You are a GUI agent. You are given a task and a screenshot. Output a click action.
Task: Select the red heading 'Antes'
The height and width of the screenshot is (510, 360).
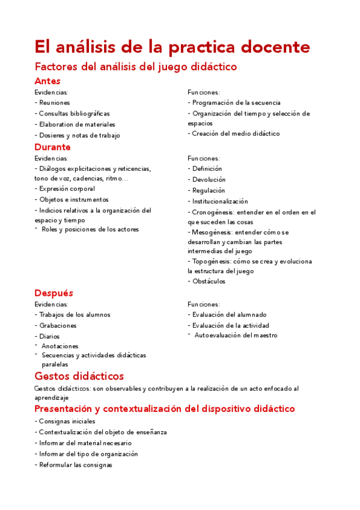point(47,81)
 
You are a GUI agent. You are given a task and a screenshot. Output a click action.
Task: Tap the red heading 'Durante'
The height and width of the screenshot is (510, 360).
point(53,147)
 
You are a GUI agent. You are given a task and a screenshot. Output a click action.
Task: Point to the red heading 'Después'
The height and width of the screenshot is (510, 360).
point(54,293)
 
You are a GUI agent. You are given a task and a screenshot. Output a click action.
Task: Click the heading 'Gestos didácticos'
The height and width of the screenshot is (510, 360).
point(79,376)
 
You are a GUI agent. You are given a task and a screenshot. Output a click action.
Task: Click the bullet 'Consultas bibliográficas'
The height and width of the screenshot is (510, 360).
point(74,114)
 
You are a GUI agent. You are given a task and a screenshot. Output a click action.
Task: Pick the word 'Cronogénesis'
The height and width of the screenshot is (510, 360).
point(212,212)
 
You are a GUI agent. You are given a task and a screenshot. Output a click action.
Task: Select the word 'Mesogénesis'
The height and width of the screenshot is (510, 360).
point(212,232)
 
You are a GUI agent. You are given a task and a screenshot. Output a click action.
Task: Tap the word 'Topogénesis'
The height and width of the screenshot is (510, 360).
point(211,262)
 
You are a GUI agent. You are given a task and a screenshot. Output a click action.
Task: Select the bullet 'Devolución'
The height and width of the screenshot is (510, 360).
point(209,180)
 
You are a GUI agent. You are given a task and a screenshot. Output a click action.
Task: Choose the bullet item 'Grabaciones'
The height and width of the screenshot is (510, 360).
point(58,325)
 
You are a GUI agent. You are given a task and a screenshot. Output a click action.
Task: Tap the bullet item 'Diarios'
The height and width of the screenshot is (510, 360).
point(49,336)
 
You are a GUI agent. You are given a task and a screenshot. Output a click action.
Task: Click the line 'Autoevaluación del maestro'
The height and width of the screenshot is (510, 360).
point(236,335)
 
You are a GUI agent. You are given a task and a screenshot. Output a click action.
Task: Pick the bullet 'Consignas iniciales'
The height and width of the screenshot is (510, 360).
point(67,422)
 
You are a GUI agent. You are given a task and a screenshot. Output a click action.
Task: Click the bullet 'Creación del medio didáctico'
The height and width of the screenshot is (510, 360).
point(236,134)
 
